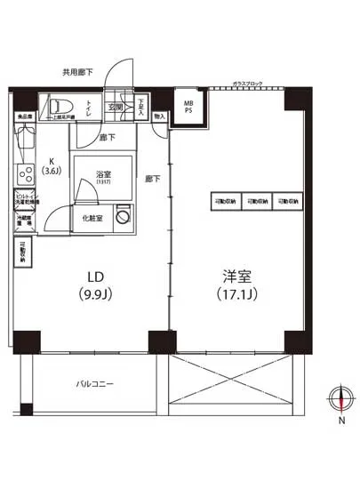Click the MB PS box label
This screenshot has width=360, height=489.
(x=188, y=108)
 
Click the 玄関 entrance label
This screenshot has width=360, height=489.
(x=116, y=108)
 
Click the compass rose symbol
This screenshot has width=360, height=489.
(x=340, y=397)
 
